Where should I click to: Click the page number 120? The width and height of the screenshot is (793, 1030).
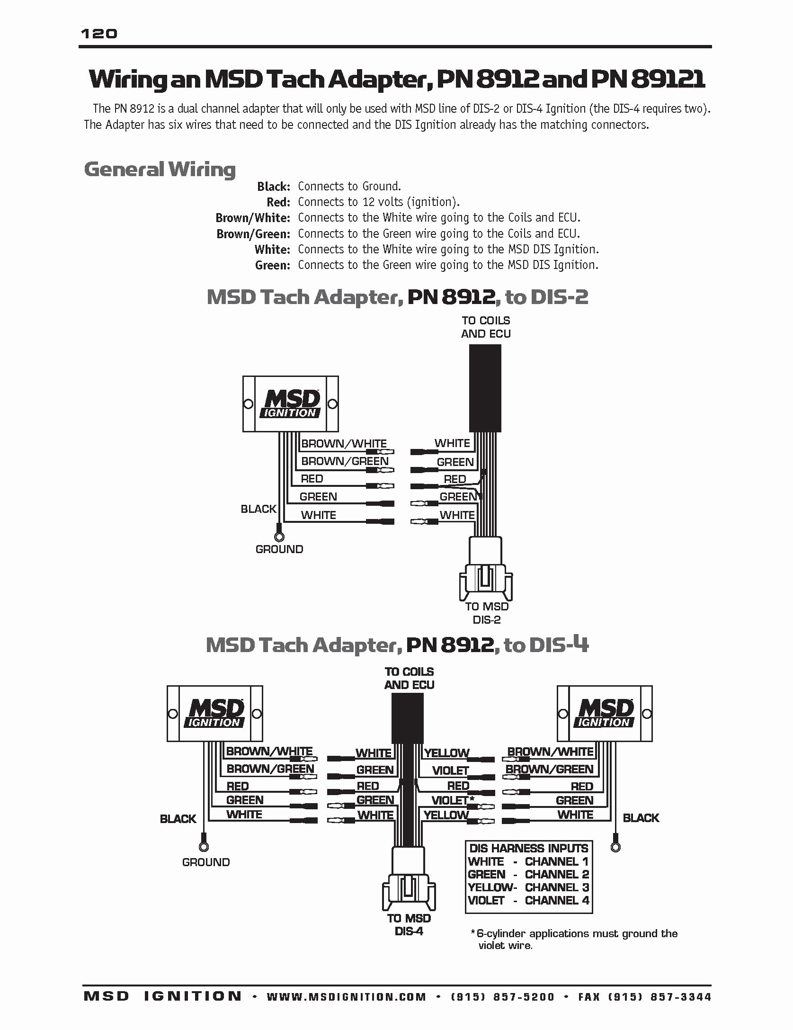pos(99,34)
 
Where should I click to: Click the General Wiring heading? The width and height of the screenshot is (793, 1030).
pos(160,170)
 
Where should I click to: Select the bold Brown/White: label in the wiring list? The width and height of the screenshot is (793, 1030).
pos(252,218)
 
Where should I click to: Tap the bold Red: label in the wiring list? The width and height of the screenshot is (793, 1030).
pos(278,202)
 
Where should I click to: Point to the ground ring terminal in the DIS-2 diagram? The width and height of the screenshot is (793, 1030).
pos(279,537)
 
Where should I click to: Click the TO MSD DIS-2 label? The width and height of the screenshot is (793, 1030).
pos(486,613)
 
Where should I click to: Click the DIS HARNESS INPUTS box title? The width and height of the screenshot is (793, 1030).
pos(528,848)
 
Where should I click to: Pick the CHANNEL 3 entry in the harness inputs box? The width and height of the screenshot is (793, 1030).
pos(557,887)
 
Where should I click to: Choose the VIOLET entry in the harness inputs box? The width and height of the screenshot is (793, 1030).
pos(486,900)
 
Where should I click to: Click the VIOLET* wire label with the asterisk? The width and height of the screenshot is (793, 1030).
pos(452,800)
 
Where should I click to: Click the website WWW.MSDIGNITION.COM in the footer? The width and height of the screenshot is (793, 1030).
pos(346,997)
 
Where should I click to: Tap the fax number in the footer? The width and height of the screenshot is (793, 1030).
pos(644,997)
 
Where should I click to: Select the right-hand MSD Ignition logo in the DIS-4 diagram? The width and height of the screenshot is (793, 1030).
pos(605,713)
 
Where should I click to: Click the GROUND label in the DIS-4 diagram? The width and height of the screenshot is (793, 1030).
pos(206,862)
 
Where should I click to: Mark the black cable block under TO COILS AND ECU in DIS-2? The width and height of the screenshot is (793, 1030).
pos(485,388)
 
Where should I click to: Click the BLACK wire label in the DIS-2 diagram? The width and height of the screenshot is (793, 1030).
pos(258,509)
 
